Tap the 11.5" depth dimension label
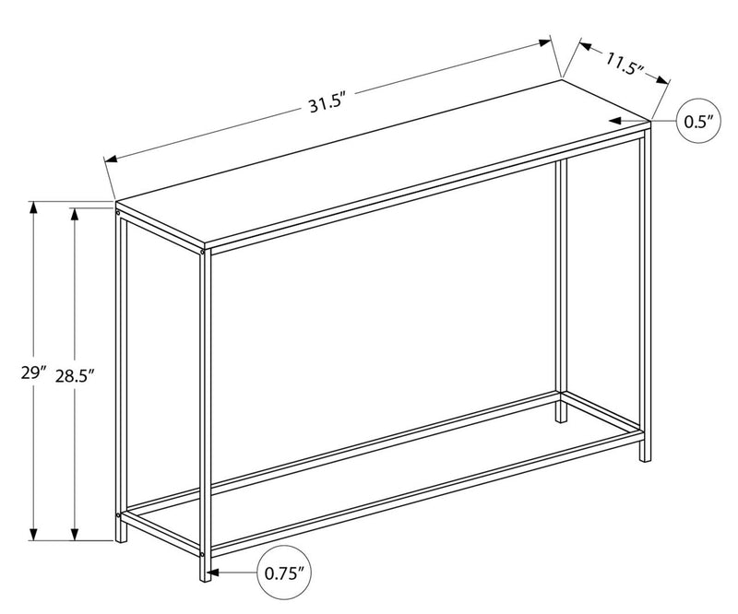pyautogui.click(x=624, y=65)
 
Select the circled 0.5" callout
pyautogui.click(x=698, y=122)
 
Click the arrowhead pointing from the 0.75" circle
pyautogui.click(x=214, y=573)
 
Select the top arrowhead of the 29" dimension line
pyautogui.click(x=34, y=207)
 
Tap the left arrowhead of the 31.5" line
pyautogui.click(x=111, y=159)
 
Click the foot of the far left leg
pyautogui.click(x=121, y=538)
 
